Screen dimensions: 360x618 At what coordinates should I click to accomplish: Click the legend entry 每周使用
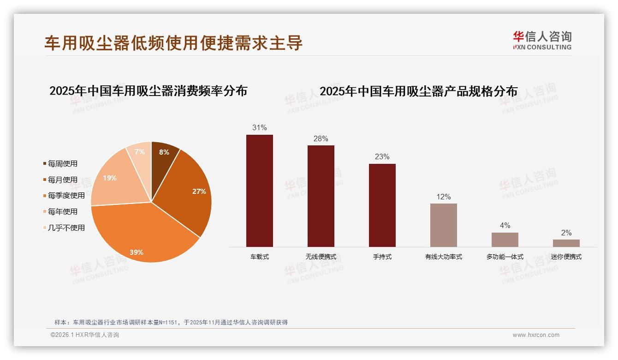(63, 163)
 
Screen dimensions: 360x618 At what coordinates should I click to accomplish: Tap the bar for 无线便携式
(321, 196)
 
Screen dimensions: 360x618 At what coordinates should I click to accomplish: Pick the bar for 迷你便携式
(566, 243)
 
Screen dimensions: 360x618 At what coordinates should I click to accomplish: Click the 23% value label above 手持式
(382, 156)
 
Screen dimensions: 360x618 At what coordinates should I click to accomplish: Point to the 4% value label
(505, 225)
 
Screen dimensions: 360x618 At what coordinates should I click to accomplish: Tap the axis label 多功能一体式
(505, 257)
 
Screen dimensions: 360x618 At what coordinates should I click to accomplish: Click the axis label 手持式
(382, 257)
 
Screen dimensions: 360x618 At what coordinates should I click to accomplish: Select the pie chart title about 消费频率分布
(149, 90)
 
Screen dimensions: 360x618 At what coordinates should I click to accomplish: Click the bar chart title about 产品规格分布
(419, 91)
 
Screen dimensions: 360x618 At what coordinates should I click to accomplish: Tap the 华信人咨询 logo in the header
(542, 40)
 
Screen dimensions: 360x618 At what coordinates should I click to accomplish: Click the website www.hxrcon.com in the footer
(536, 335)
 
